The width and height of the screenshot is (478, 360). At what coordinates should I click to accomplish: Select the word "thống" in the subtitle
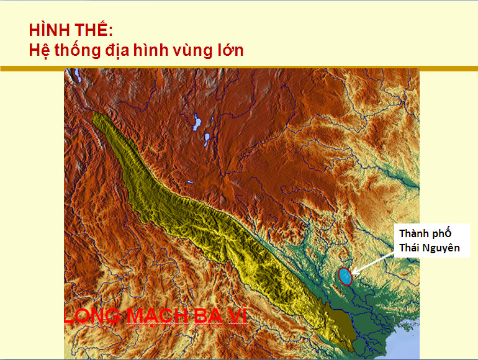pyautogui.click(x=78, y=50)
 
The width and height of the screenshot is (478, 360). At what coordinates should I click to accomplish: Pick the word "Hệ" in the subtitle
pyautogui.click(x=39, y=51)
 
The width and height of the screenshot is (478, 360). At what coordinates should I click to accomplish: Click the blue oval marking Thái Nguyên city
pyautogui.click(x=345, y=276)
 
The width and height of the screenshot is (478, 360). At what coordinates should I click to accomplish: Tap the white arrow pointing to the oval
pyautogui.click(x=372, y=263)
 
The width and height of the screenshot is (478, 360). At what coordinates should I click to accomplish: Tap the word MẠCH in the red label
pyautogui.click(x=157, y=315)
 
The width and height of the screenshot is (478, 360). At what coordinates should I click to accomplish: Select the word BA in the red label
pyautogui.click(x=208, y=316)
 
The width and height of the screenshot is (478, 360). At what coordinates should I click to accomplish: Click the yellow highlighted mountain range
pyautogui.click(x=214, y=225)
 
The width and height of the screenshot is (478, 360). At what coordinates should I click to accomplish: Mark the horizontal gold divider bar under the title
pyautogui.click(x=239, y=68)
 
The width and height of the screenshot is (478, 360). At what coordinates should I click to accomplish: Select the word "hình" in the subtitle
pyautogui.click(x=151, y=50)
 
